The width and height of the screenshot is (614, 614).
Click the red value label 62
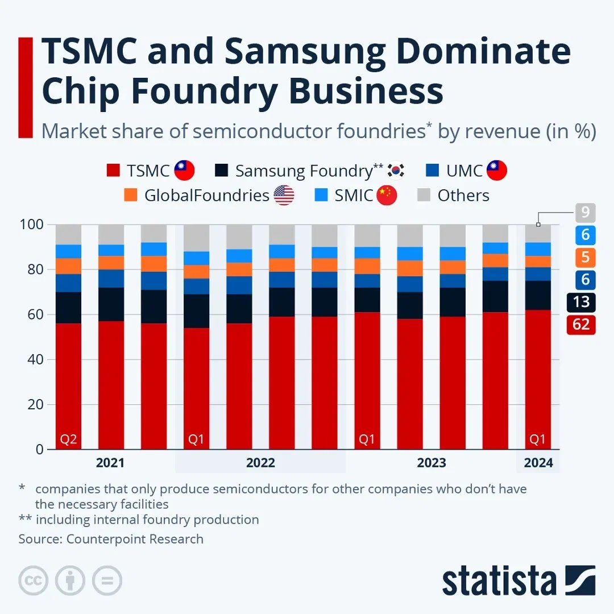tap(581, 325)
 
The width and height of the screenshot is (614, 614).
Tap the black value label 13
tap(581, 303)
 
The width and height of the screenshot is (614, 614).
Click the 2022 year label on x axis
tap(260, 463)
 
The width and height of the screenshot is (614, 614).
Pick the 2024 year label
tap(538, 463)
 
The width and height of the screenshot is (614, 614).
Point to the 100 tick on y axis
tap(33, 225)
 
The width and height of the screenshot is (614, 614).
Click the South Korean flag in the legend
tap(396, 171)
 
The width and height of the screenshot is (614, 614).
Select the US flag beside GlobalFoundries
tap(284, 196)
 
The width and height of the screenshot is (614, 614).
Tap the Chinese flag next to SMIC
tap(387, 196)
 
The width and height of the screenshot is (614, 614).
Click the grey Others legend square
tap(424, 196)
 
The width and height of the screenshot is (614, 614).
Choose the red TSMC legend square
tap(113, 171)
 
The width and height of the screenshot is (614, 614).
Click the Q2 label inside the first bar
tap(68, 439)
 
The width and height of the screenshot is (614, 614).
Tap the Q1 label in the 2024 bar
tap(538, 439)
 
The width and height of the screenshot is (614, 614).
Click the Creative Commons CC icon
tap(32, 581)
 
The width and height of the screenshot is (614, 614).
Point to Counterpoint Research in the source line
tap(135, 539)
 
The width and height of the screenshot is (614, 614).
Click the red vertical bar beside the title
tap(26, 87)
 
